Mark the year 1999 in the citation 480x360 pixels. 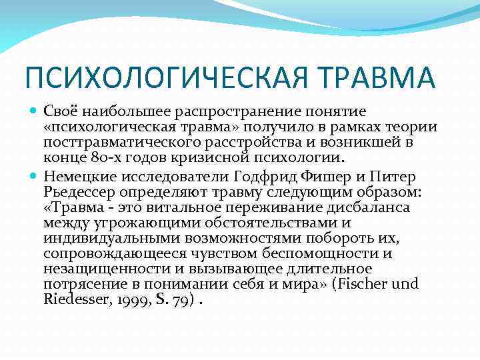click(x=136, y=300)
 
